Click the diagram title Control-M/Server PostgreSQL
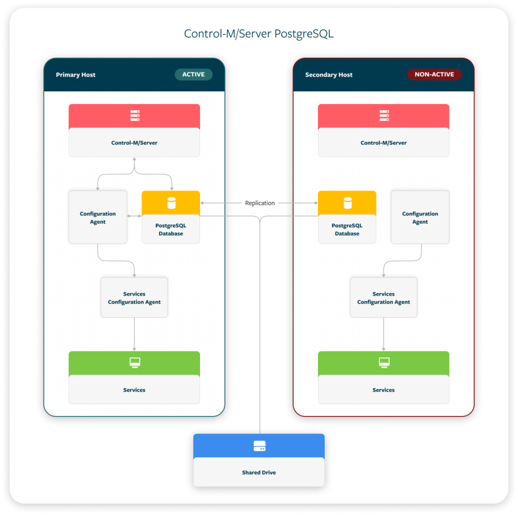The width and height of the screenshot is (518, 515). click(x=258, y=34)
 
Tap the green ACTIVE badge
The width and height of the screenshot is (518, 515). click(x=193, y=74)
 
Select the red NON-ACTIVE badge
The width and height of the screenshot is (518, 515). click(x=434, y=74)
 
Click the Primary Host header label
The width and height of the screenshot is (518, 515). click(x=75, y=75)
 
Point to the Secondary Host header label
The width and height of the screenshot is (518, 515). click(x=328, y=75)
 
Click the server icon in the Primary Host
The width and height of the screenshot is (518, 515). click(x=134, y=116)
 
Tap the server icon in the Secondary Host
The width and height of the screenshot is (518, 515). click(x=384, y=116)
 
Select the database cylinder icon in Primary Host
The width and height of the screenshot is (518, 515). click(x=171, y=203)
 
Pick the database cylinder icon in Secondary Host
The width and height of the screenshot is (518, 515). click(x=347, y=203)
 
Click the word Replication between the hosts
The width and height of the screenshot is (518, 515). click(x=260, y=203)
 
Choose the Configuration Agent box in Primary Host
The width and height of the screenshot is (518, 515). click(x=98, y=218)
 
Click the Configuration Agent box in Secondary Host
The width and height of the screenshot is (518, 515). click(x=420, y=218)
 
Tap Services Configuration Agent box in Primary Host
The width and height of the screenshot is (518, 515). click(x=134, y=298)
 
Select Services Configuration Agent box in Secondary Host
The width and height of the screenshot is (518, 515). click(x=384, y=298)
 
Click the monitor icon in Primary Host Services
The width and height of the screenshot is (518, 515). click(x=134, y=362)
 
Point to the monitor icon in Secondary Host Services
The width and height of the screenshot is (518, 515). click(x=384, y=362)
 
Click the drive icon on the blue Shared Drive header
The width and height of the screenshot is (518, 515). click(x=259, y=446)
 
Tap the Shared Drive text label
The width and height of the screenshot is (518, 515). click(x=259, y=473)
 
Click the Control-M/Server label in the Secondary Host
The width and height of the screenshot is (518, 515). click(x=384, y=143)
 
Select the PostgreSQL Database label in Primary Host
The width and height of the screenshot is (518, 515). click(x=171, y=229)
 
